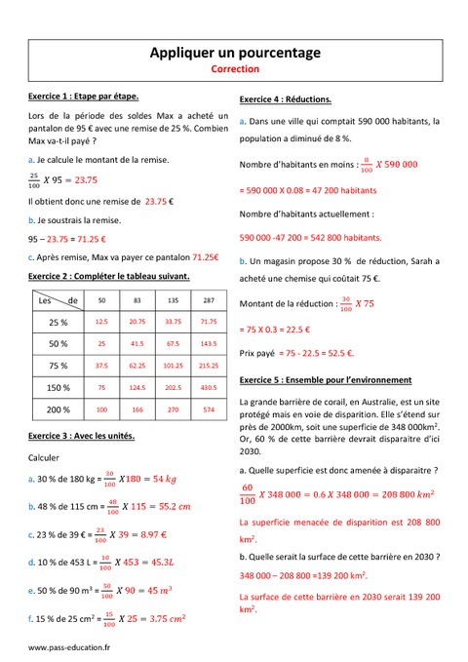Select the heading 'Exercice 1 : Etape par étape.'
click(x=84, y=97)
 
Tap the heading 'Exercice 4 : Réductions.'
click(x=285, y=99)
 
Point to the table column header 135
click(x=174, y=301)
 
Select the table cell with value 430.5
click(x=208, y=388)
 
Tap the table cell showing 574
click(x=208, y=409)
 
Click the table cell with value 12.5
click(x=101, y=322)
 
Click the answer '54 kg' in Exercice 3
click(x=158, y=479)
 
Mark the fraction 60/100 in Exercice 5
click(x=247, y=494)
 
